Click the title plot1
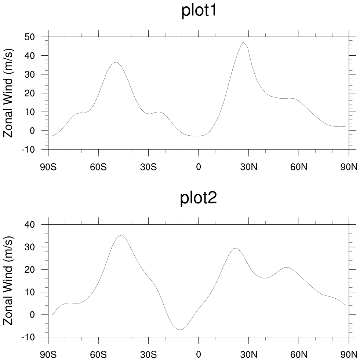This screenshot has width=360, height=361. click(x=200, y=11)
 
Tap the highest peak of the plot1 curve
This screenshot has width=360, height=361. click(x=243, y=42)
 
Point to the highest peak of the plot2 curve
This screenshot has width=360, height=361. click(x=121, y=235)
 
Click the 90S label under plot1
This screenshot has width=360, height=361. click(x=48, y=167)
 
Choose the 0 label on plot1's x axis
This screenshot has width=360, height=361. click(x=199, y=167)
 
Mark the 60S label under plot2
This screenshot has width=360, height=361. click(x=98, y=355)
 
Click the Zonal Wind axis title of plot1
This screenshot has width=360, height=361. click(x=8, y=93)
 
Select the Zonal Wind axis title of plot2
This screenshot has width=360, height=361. click(x=8, y=280)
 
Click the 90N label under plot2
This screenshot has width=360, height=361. click(x=349, y=355)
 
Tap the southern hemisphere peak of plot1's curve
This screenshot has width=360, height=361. click(x=117, y=62)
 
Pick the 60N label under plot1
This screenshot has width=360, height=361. click(x=299, y=167)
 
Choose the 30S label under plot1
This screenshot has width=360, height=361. click(x=148, y=167)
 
